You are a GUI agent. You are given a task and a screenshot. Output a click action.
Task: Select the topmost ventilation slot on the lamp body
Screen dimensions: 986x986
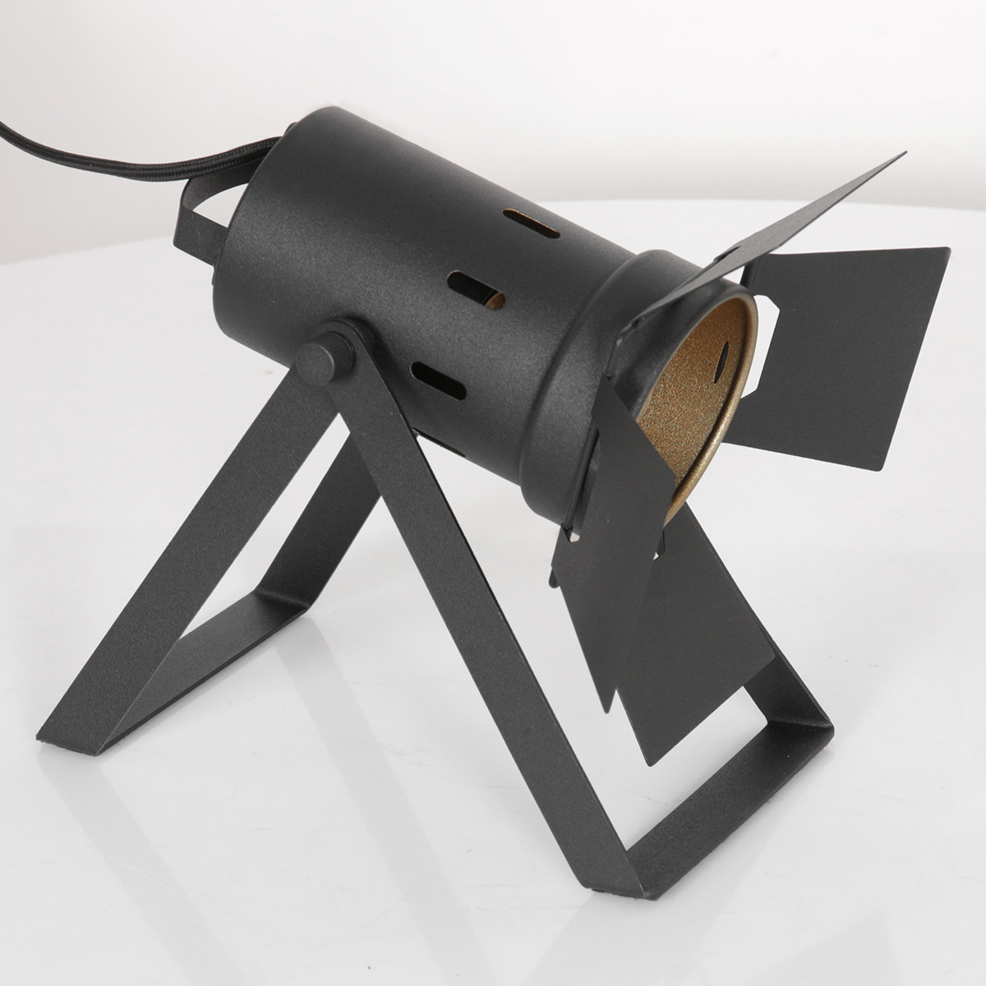[x=532, y=224]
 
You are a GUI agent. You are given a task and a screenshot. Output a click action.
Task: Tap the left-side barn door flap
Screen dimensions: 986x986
[x=608, y=526]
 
